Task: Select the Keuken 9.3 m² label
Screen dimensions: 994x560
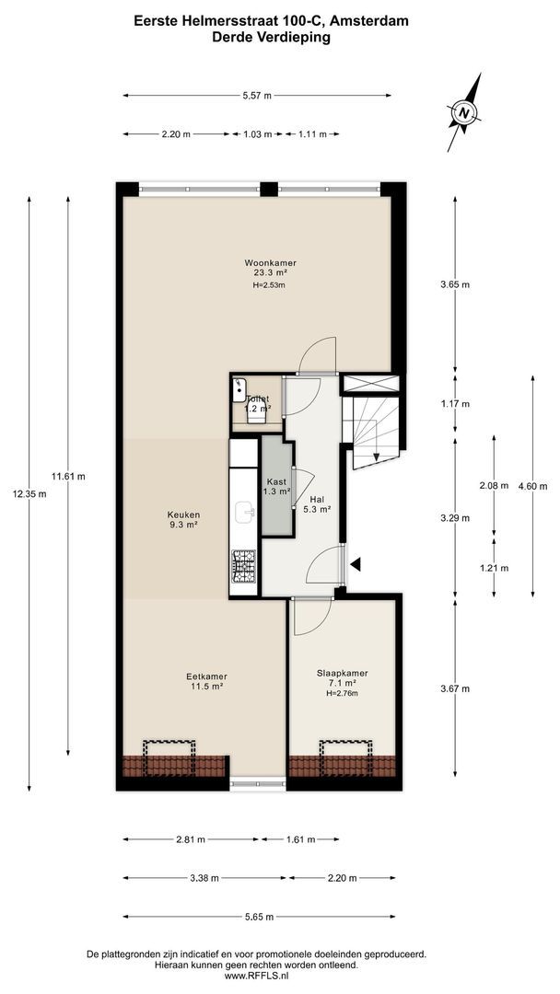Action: pos(183,519)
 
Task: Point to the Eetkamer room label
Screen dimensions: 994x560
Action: pos(207,681)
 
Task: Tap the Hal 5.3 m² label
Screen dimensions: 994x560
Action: pos(318,504)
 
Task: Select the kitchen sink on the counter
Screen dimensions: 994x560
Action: pos(245,511)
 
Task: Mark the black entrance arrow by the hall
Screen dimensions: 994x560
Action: pos(356,564)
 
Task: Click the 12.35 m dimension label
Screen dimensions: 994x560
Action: pos(28,493)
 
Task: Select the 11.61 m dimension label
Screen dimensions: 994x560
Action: pos(68,476)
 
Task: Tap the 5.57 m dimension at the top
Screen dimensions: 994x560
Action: pos(257,95)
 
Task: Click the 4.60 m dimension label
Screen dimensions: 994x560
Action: pos(532,486)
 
